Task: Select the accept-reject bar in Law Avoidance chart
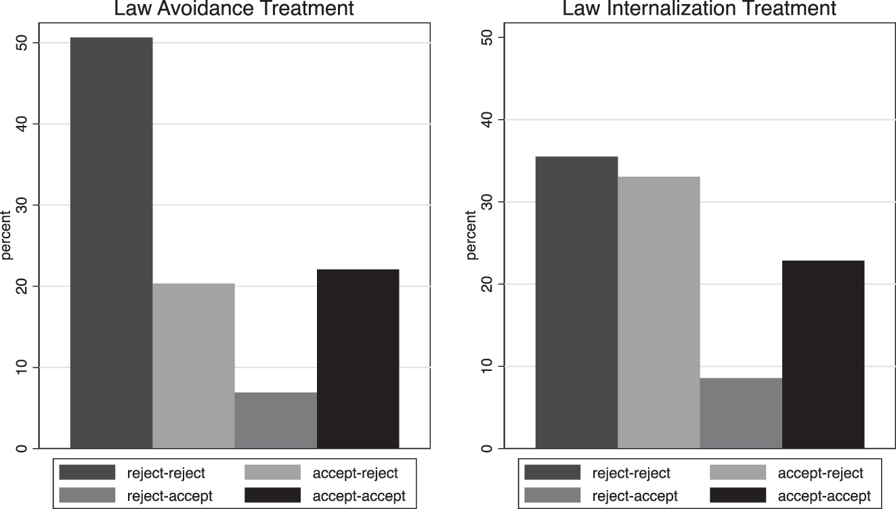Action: pos(194,366)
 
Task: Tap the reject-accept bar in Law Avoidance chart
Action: pos(276,420)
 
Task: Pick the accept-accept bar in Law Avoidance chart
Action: pos(358,359)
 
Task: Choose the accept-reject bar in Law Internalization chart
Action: pos(659,312)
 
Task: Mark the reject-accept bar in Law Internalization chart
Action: pos(741,413)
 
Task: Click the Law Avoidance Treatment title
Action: pos(234,9)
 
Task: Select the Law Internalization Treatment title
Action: pos(699,9)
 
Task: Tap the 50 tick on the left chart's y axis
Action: pos(24,43)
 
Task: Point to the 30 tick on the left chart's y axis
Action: pos(24,205)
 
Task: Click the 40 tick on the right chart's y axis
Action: pos(489,120)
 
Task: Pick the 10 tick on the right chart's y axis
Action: pos(489,366)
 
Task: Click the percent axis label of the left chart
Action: pos(7,236)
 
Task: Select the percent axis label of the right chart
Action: pos(472,236)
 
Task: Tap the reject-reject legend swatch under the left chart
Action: pos(87,472)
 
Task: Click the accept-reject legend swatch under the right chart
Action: pos(738,472)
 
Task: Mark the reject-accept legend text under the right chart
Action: pos(635,496)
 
